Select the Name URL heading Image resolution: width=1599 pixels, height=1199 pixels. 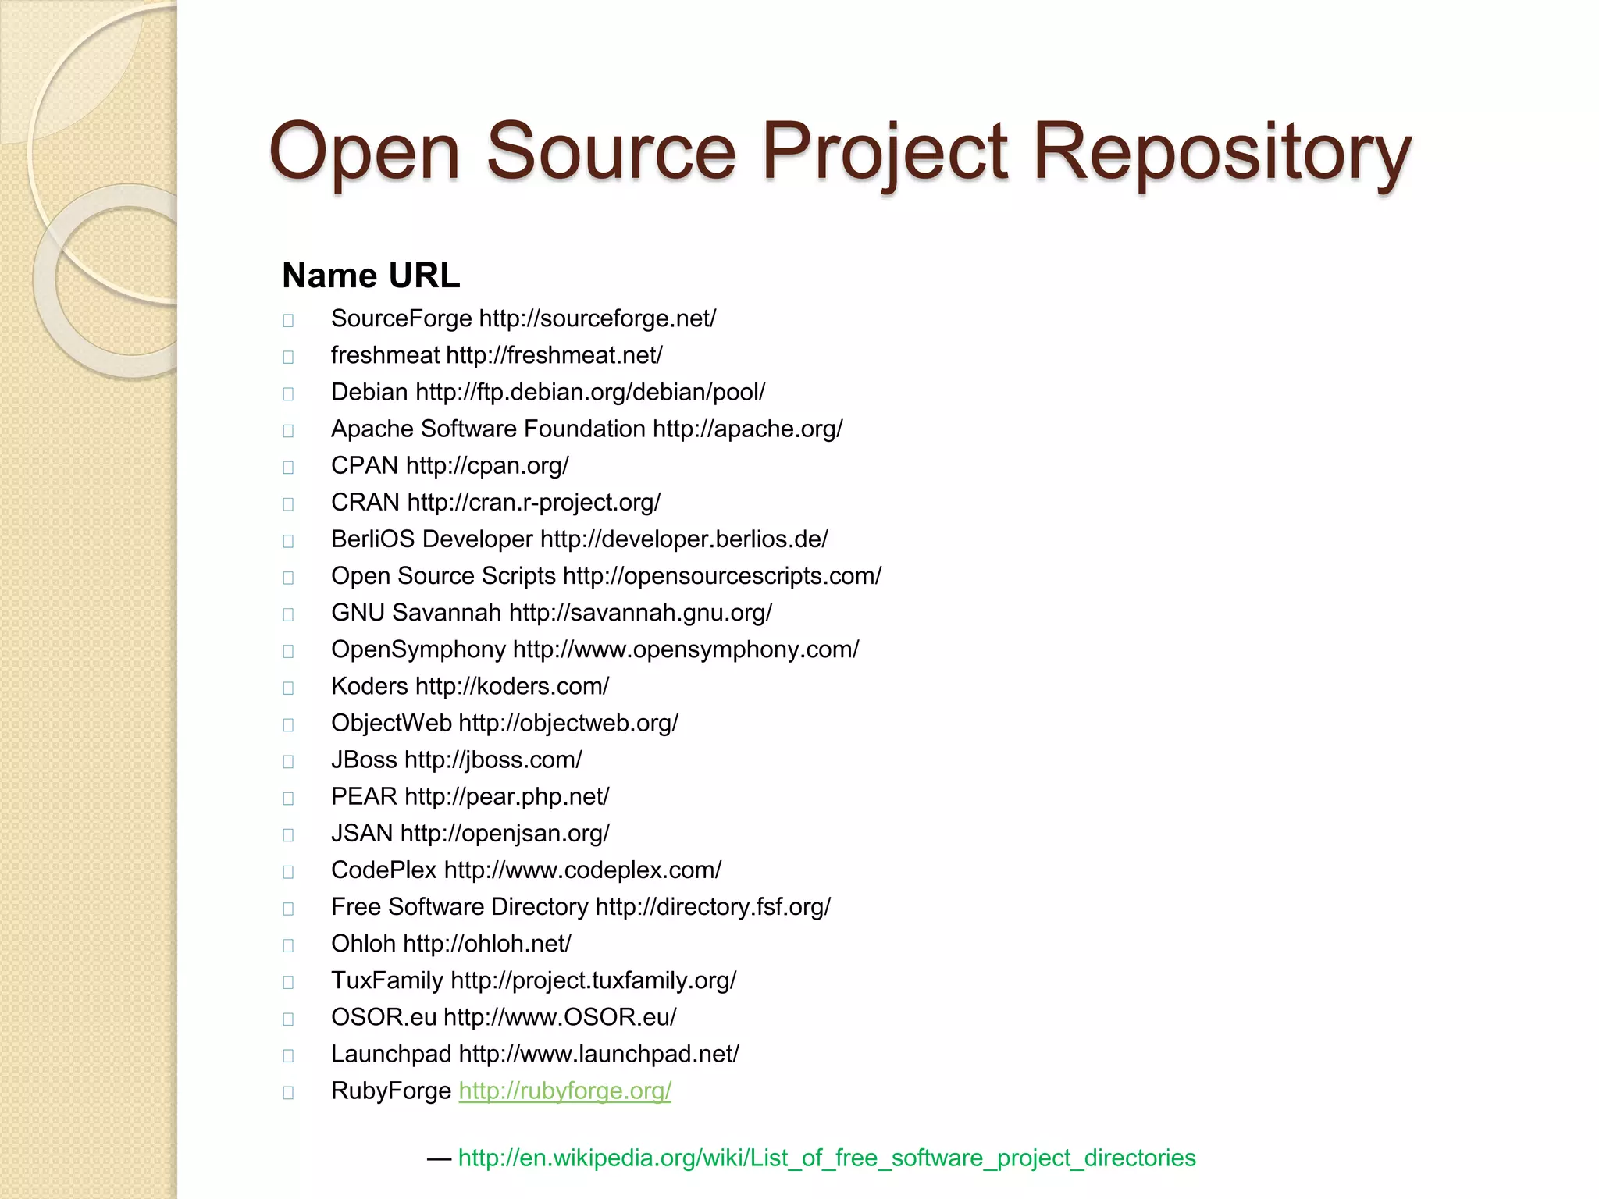tap(371, 276)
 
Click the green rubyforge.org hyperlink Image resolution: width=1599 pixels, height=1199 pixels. tap(564, 1091)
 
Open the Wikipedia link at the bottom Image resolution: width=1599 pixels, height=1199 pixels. tap(826, 1158)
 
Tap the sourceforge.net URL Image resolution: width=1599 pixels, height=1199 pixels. tap(597, 319)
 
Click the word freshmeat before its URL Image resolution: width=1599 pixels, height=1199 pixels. tap(385, 355)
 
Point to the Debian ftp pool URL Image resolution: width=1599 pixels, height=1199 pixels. tap(590, 392)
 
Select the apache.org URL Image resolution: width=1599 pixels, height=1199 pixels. tap(747, 429)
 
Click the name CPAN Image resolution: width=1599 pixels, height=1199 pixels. tap(365, 466)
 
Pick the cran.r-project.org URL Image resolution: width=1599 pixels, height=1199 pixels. tap(534, 503)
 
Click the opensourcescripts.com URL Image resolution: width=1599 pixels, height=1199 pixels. tap(722, 576)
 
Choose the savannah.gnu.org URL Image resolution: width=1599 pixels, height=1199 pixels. tap(640, 613)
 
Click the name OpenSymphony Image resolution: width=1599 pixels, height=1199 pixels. tap(418, 649)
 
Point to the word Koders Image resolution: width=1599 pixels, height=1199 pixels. tap(369, 686)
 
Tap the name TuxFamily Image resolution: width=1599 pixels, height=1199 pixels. tap(386, 980)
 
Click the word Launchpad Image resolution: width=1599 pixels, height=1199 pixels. tap(391, 1054)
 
